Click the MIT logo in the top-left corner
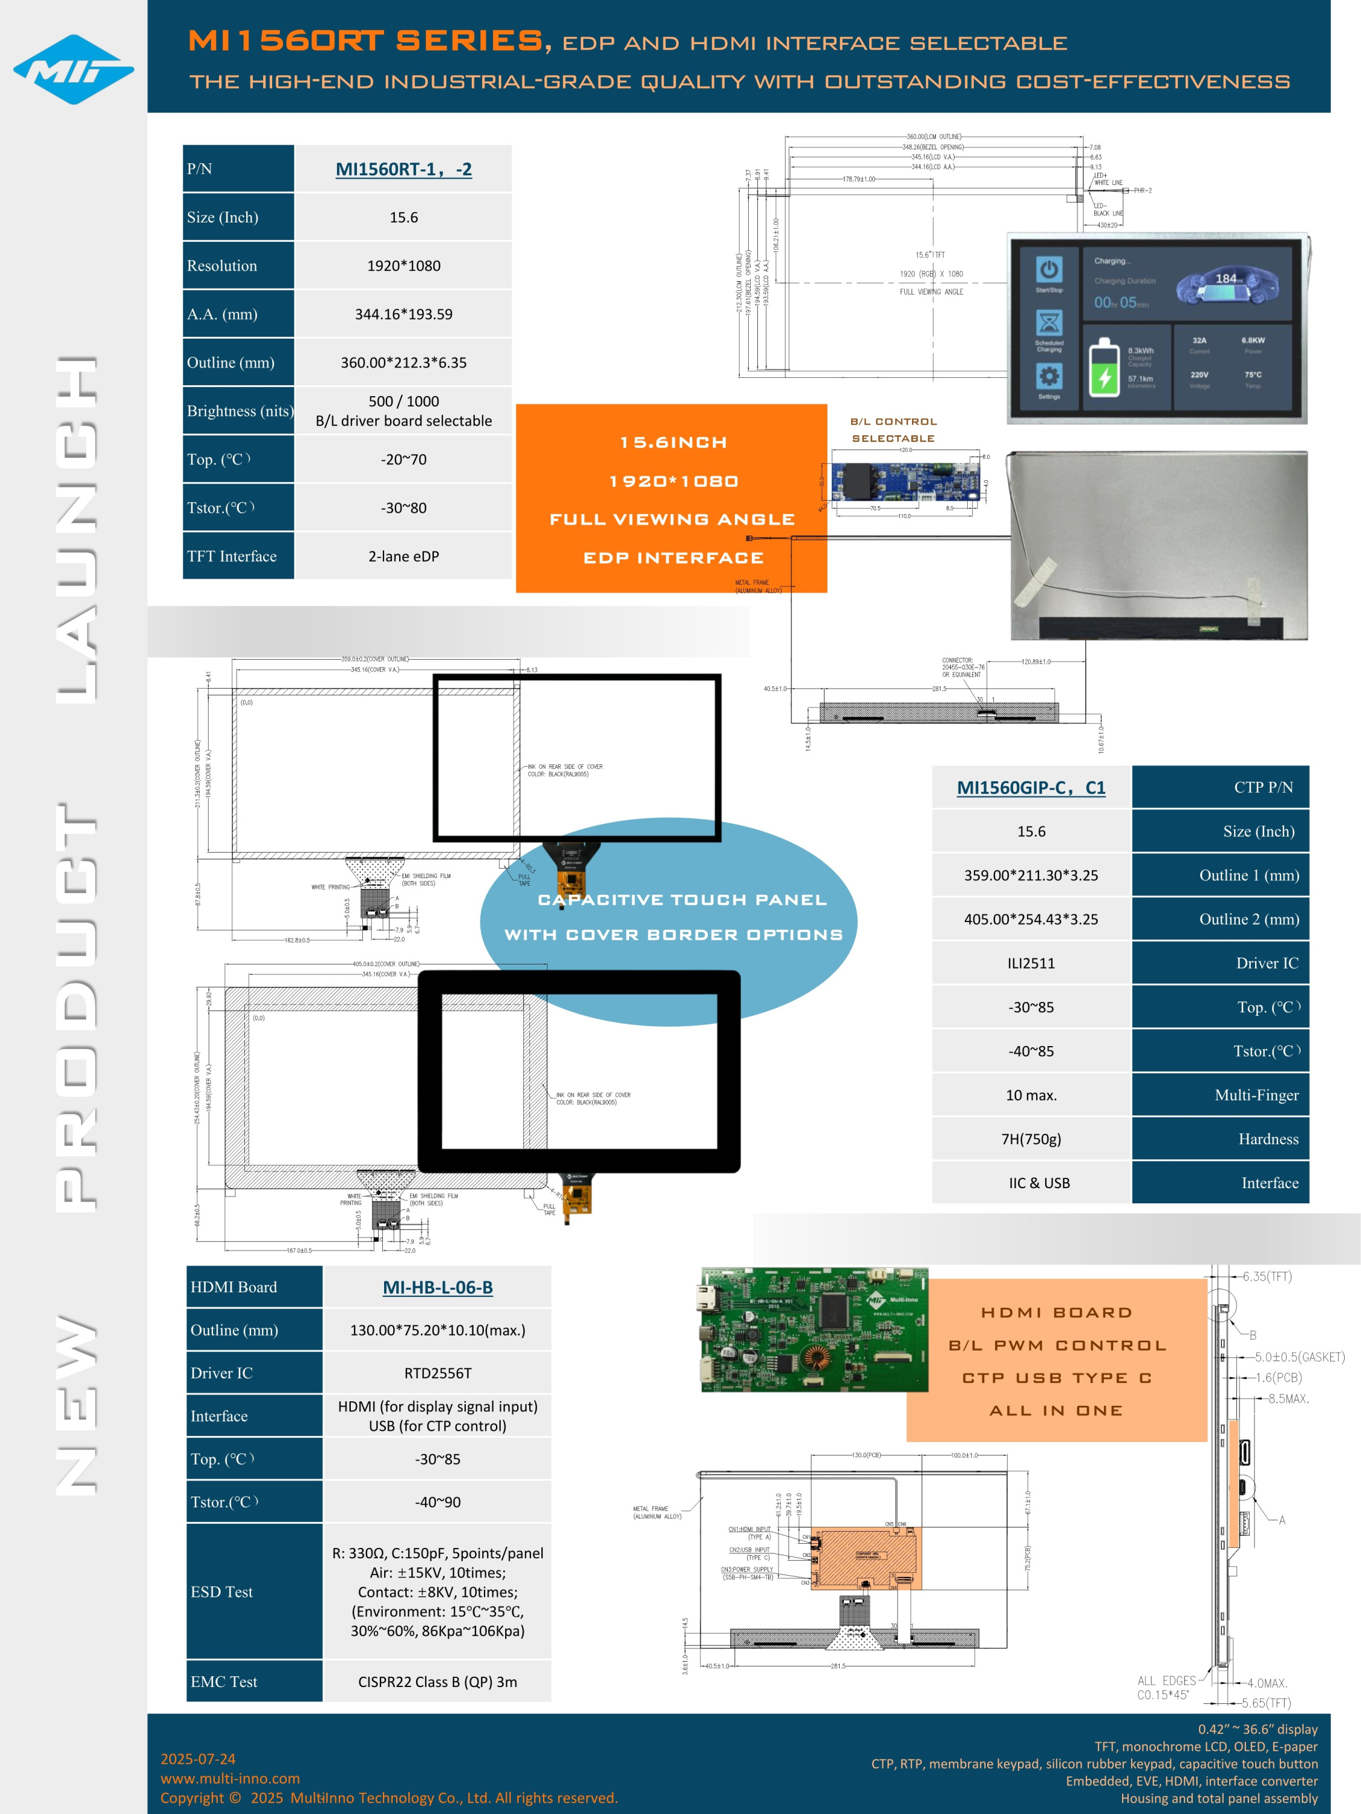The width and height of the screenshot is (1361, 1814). [x=73, y=70]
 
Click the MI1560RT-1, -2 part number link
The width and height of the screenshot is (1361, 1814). [x=403, y=169]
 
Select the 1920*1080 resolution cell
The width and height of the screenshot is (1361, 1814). [x=403, y=265]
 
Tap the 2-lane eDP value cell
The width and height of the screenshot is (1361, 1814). [x=403, y=556]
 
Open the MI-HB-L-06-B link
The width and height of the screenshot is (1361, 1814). [x=437, y=1287]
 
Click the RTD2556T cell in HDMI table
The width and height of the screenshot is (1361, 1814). [x=437, y=1373]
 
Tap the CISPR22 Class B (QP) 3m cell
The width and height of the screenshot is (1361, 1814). [x=437, y=1682]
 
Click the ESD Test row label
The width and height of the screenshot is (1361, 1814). [x=221, y=1591]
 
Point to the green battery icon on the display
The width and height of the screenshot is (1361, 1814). [x=1103, y=369]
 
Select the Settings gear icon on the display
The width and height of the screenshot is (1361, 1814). [x=1048, y=377]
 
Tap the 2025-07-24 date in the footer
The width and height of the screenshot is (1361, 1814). [x=198, y=1758]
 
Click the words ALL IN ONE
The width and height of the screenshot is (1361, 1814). [x=1055, y=1411]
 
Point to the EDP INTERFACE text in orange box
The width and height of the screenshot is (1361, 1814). [x=673, y=558]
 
